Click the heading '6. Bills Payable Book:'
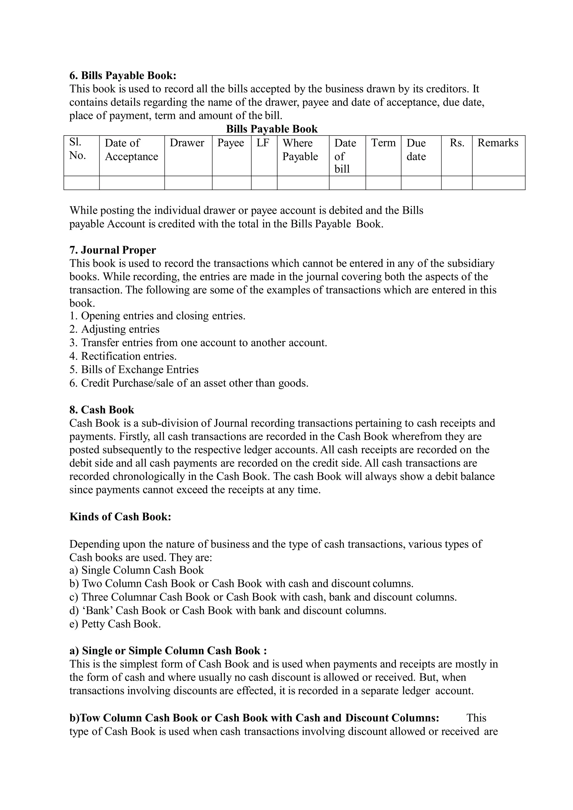(123, 75)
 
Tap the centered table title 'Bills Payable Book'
(272, 129)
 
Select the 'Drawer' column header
(187, 143)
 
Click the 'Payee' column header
(231, 143)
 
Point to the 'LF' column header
(263, 143)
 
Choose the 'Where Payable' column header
(300, 150)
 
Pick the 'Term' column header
(383, 143)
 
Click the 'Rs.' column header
(457, 143)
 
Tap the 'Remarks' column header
(498, 143)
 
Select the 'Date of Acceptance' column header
(131, 150)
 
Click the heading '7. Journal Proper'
(113, 250)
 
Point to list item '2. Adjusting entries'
(114, 329)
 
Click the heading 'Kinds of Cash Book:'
(120, 517)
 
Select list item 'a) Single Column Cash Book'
(137, 570)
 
